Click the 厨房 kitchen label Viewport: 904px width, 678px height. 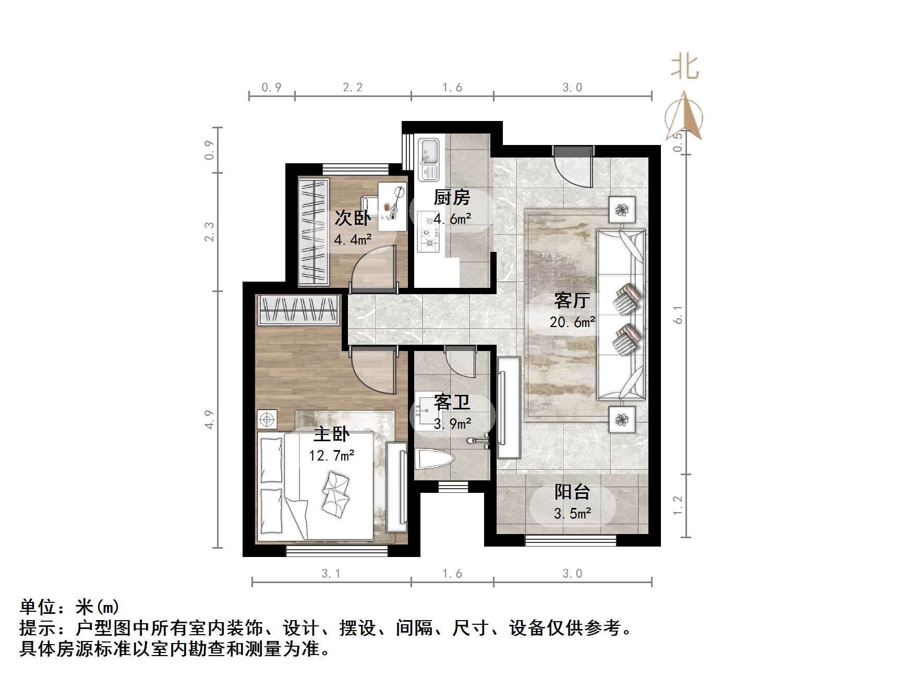click(x=452, y=198)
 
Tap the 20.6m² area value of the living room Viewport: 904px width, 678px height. click(x=572, y=322)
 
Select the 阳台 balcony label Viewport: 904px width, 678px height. click(x=572, y=491)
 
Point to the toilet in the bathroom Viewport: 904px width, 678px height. click(x=434, y=459)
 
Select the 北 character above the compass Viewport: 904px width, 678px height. click(x=684, y=67)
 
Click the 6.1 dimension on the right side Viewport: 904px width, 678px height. click(x=678, y=314)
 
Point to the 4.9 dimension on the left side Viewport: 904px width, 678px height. click(x=209, y=419)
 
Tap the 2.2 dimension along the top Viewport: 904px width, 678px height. click(x=353, y=88)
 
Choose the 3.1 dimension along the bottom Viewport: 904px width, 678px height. click(x=331, y=574)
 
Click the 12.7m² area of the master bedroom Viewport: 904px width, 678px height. click(x=331, y=456)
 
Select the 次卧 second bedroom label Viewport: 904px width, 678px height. click(x=353, y=218)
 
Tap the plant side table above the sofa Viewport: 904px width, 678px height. click(x=622, y=210)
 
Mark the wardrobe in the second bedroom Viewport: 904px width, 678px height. click(x=313, y=232)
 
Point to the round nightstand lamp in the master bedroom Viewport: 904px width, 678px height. click(x=267, y=419)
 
